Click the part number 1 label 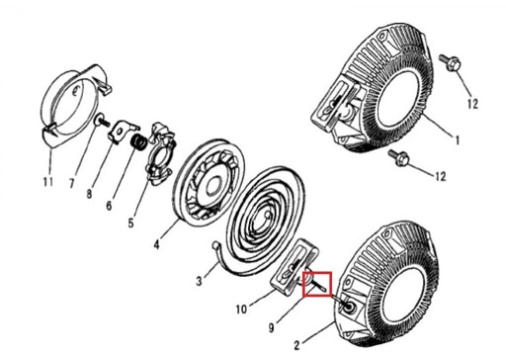click(x=457, y=140)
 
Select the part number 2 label click(x=296, y=345)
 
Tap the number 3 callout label click(x=199, y=282)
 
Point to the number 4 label click(x=156, y=244)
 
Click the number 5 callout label click(x=130, y=223)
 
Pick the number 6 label click(x=109, y=206)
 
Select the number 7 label click(x=71, y=183)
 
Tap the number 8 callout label click(x=89, y=194)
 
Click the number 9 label click(x=271, y=327)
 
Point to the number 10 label click(x=241, y=310)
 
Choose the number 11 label click(x=47, y=181)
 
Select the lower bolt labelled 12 click(x=398, y=158)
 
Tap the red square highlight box click(x=317, y=284)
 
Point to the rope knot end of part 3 click(x=215, y=245)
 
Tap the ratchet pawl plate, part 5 click(x=160, y=152)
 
